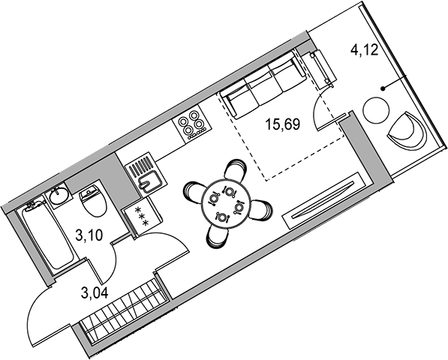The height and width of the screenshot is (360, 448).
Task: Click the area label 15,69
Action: tap(283, 124)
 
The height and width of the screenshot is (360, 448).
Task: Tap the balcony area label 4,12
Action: tap(364, 50)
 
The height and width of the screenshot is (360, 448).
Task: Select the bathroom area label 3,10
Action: tap(89, 235)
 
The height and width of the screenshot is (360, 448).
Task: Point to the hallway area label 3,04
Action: tap(95, 293)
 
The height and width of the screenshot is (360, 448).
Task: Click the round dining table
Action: tap(226, 203)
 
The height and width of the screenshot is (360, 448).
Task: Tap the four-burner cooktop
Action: tap(192, 124)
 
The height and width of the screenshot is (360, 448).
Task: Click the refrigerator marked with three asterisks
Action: tap(143, 217)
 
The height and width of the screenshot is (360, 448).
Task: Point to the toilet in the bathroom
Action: tap(92, 200)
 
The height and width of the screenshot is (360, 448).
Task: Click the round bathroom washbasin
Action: tap(59, 195)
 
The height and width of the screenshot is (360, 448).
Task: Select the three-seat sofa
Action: tap(263, 85)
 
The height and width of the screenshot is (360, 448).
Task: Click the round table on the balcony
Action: tap(376, 110)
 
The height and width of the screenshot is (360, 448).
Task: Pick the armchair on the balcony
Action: tap(407, 130)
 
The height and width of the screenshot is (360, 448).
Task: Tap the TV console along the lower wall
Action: tap(324, 200)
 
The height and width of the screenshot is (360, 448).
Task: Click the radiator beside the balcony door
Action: tap(322, 67)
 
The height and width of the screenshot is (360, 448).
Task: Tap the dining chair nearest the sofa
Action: tap(235, 169)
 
